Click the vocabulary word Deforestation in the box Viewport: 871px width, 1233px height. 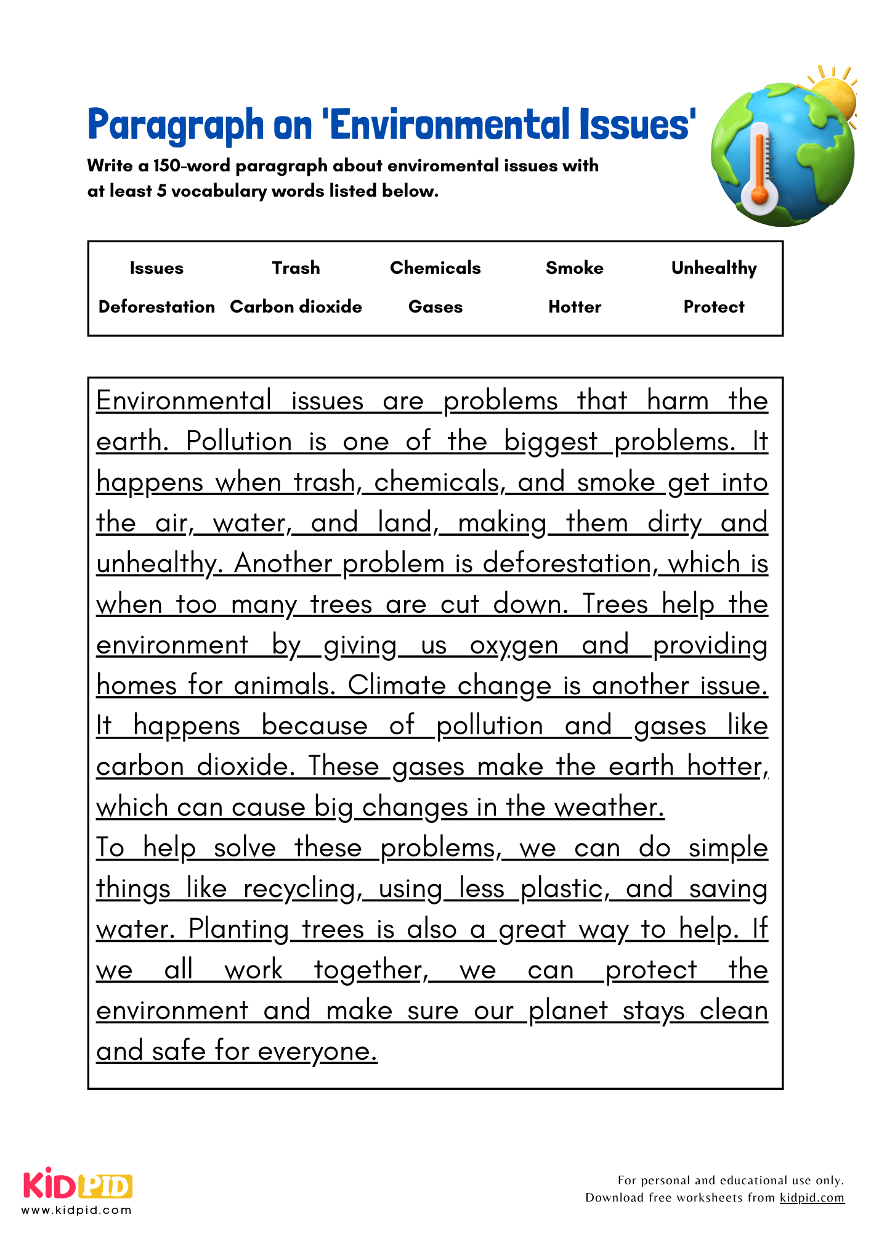pos(156,306)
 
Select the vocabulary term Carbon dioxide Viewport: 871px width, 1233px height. pos(296,306)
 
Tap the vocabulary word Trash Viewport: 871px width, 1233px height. pos(296,268)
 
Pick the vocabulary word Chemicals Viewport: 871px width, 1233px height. pos(435,268)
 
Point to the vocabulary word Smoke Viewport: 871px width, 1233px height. pos(574,268)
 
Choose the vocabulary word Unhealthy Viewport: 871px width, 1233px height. pos(714,268)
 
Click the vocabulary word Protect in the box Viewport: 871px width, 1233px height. pos(714,306)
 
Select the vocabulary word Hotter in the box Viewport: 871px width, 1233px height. pos(574,306)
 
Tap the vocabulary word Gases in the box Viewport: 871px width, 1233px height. pos(435,306)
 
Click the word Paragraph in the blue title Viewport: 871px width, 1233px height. pos(176,125)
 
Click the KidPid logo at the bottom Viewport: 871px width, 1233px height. pos(78,1185)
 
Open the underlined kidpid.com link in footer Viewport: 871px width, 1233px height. pos(811,1197)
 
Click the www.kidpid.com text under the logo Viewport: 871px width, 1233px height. pos(76,1210)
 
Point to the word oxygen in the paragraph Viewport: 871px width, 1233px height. pos(514,645)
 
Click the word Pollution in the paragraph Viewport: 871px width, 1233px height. pos(239,441)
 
